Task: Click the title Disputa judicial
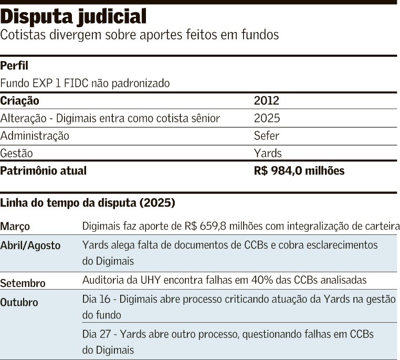73,17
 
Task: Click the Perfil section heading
14,66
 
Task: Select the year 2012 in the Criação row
267,101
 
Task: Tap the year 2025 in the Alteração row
267,118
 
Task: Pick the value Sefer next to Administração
267,136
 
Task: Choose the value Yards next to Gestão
268,153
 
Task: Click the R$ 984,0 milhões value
299,171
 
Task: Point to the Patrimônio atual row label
44,171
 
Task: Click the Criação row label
19,101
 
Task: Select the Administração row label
35,136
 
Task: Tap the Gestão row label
17,153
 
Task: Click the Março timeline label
15,227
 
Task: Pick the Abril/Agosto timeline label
30,245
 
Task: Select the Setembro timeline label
23,283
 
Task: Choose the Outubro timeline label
19,303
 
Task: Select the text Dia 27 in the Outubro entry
95,334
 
